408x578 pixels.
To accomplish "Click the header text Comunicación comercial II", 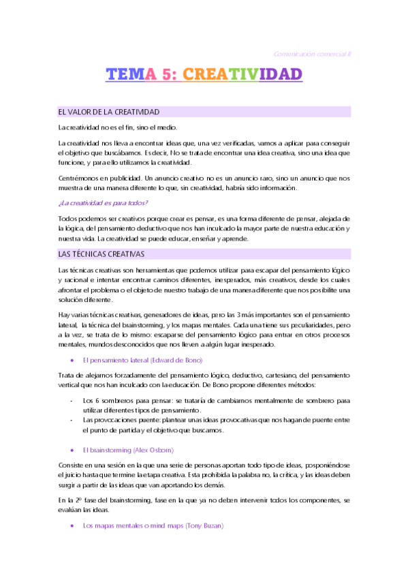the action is tap(311, 53).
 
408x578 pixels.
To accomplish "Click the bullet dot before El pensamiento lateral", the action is tap(72, 359).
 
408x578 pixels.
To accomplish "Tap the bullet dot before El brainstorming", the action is tap(72, 450).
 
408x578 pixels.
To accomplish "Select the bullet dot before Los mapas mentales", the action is tap(72, 526).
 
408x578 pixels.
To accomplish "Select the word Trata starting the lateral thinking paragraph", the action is tap(67, 374).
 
